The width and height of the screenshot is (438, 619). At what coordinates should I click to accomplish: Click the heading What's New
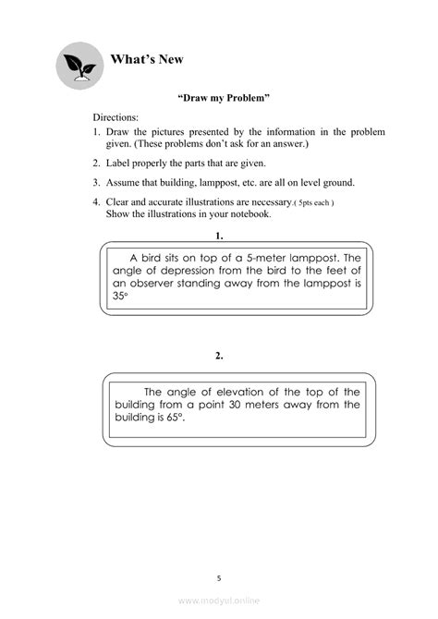147,60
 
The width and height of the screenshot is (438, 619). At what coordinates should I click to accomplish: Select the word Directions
116,119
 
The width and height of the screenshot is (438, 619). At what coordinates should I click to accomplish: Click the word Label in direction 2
119,163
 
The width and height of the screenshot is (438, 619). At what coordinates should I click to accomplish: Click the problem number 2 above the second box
219,355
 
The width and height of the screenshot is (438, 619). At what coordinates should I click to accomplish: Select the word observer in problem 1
158,285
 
